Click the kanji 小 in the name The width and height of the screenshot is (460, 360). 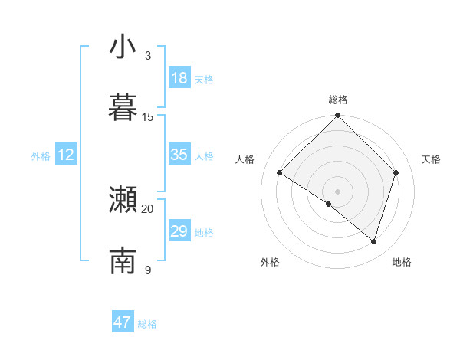click(x=123, y=47)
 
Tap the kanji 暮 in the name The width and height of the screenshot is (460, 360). click(x=123, y=108)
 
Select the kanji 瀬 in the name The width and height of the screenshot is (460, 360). click(x=123, y=201)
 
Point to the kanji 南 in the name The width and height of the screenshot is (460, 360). click(x=123, y=261)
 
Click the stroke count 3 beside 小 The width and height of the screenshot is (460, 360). click(x=148, y=56)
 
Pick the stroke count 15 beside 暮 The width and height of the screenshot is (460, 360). click(x=148, y=116)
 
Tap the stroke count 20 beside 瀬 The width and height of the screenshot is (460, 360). click(x=148, y=208)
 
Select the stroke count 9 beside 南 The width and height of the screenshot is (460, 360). click(x=148, y=270)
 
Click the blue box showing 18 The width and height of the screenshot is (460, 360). click(x=179, y=78)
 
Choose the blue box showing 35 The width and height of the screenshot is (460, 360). click(x=179, y=155)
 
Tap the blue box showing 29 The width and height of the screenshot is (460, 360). click(x=179, y=231)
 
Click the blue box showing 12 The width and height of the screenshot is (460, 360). click(x=66, y=155)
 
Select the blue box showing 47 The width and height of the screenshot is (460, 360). click(x=123, y=322)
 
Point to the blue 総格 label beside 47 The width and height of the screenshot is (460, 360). click(x=147, y=324)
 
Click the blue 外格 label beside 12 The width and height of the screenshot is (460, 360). click(x=41, y=156)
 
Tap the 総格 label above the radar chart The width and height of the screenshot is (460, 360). click(x=338, y=100)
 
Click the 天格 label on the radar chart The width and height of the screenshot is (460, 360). click(x=431, y=159)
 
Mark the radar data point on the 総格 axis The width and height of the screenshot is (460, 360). click(x=337, y=116)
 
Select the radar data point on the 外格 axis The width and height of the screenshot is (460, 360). click(x=329, y=204)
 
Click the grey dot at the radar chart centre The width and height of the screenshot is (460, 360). click(x=337, y=190)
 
